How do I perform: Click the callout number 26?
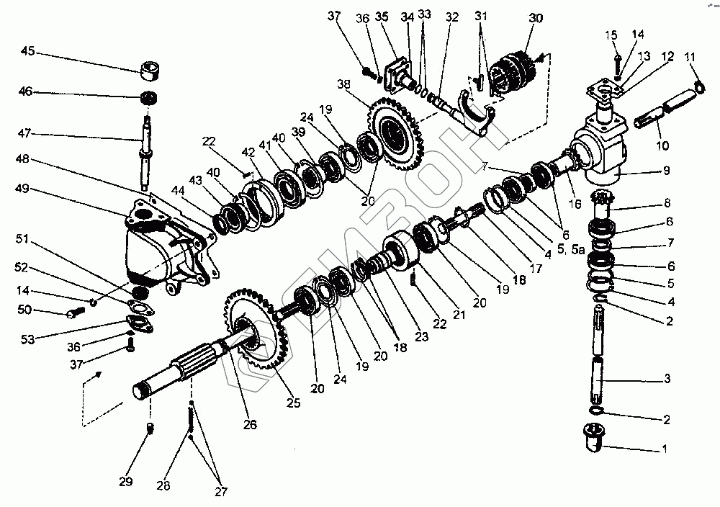[249, 424]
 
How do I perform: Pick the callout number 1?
[665, 449]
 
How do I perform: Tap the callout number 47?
[27, 134]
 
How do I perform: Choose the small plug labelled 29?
[150, 429]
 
